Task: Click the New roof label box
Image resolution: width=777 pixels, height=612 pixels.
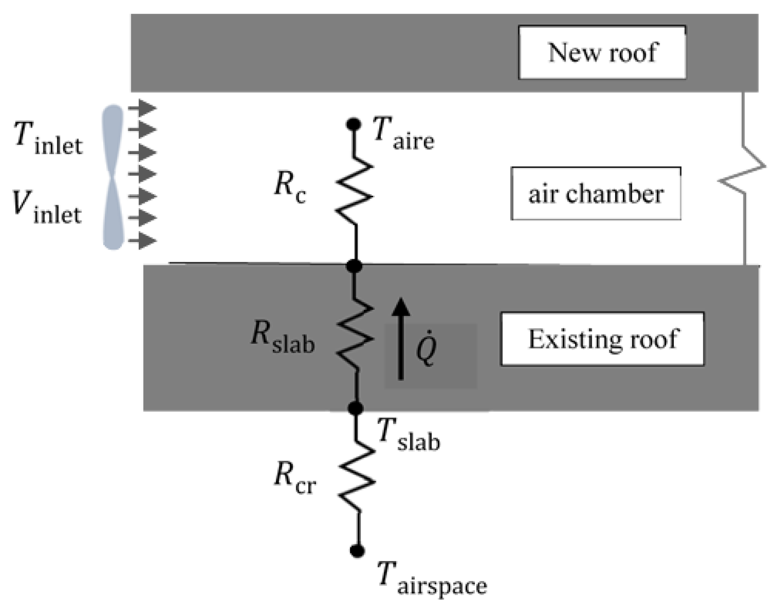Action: tap(602, 53)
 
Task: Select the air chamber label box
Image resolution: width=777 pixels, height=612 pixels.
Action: tap(596, 194)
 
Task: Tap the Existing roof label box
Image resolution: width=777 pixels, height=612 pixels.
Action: tap(602, 339)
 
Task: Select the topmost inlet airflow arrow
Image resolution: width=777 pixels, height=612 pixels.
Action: tap(142, 108)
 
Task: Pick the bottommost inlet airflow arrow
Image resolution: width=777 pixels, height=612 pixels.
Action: tap(142, 241)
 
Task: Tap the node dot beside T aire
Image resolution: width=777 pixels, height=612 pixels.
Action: tap(354, 124)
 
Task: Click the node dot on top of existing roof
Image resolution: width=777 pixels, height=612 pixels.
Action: tap(355, 266)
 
